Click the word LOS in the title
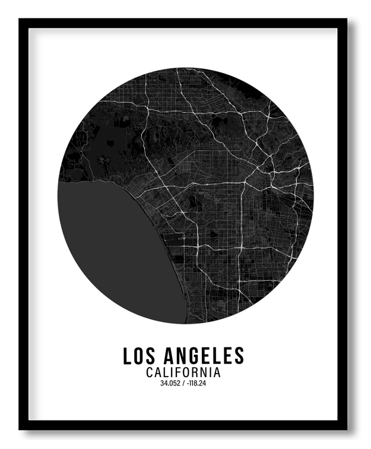(x=138, y=356)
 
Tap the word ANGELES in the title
(x=202, y=356)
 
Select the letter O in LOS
(x=138, y=356)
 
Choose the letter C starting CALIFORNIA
(x=149, y=373)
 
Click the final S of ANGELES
(x=239, y=356)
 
